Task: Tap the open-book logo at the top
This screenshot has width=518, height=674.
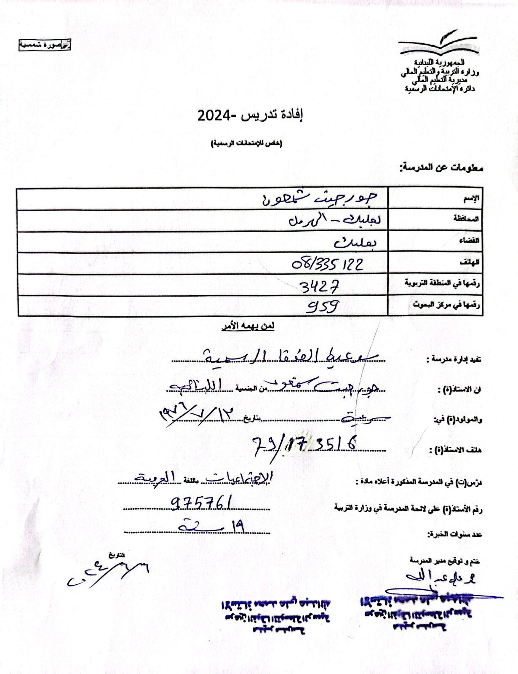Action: pos(438,45)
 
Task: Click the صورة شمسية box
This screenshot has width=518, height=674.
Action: pos(45,45)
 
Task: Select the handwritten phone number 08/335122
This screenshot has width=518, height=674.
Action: pos(327,264)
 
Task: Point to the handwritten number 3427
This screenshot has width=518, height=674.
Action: pos(320,286)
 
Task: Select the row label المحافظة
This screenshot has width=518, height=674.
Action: pos(466,219)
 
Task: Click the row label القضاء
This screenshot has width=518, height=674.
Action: pos(469,241)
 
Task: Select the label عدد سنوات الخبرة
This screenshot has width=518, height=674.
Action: pos(455,535)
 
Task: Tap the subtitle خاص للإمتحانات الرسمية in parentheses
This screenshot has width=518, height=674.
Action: pos(247,144)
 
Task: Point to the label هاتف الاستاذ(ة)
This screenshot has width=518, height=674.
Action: pos(455,450)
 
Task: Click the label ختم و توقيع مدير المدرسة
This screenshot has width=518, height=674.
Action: pos(445,561)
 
